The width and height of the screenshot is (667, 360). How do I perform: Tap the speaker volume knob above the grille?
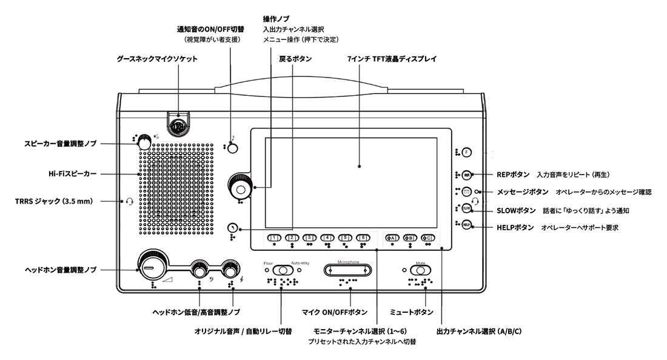click(x=144, y=142)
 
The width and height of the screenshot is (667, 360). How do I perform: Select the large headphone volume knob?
click(x=148, y=265)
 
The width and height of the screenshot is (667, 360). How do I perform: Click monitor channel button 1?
click(x=275, y=238)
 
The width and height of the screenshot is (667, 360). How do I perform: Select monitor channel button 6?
click(x=363, y=238)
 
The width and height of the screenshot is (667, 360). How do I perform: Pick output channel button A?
click(x=392, y=238)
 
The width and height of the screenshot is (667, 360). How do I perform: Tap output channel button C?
click(x=428, y=238)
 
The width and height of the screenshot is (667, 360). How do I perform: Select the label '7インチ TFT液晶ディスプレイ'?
click(x=392, y=59)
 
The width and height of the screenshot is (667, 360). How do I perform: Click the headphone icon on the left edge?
click(x=129, y=201)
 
